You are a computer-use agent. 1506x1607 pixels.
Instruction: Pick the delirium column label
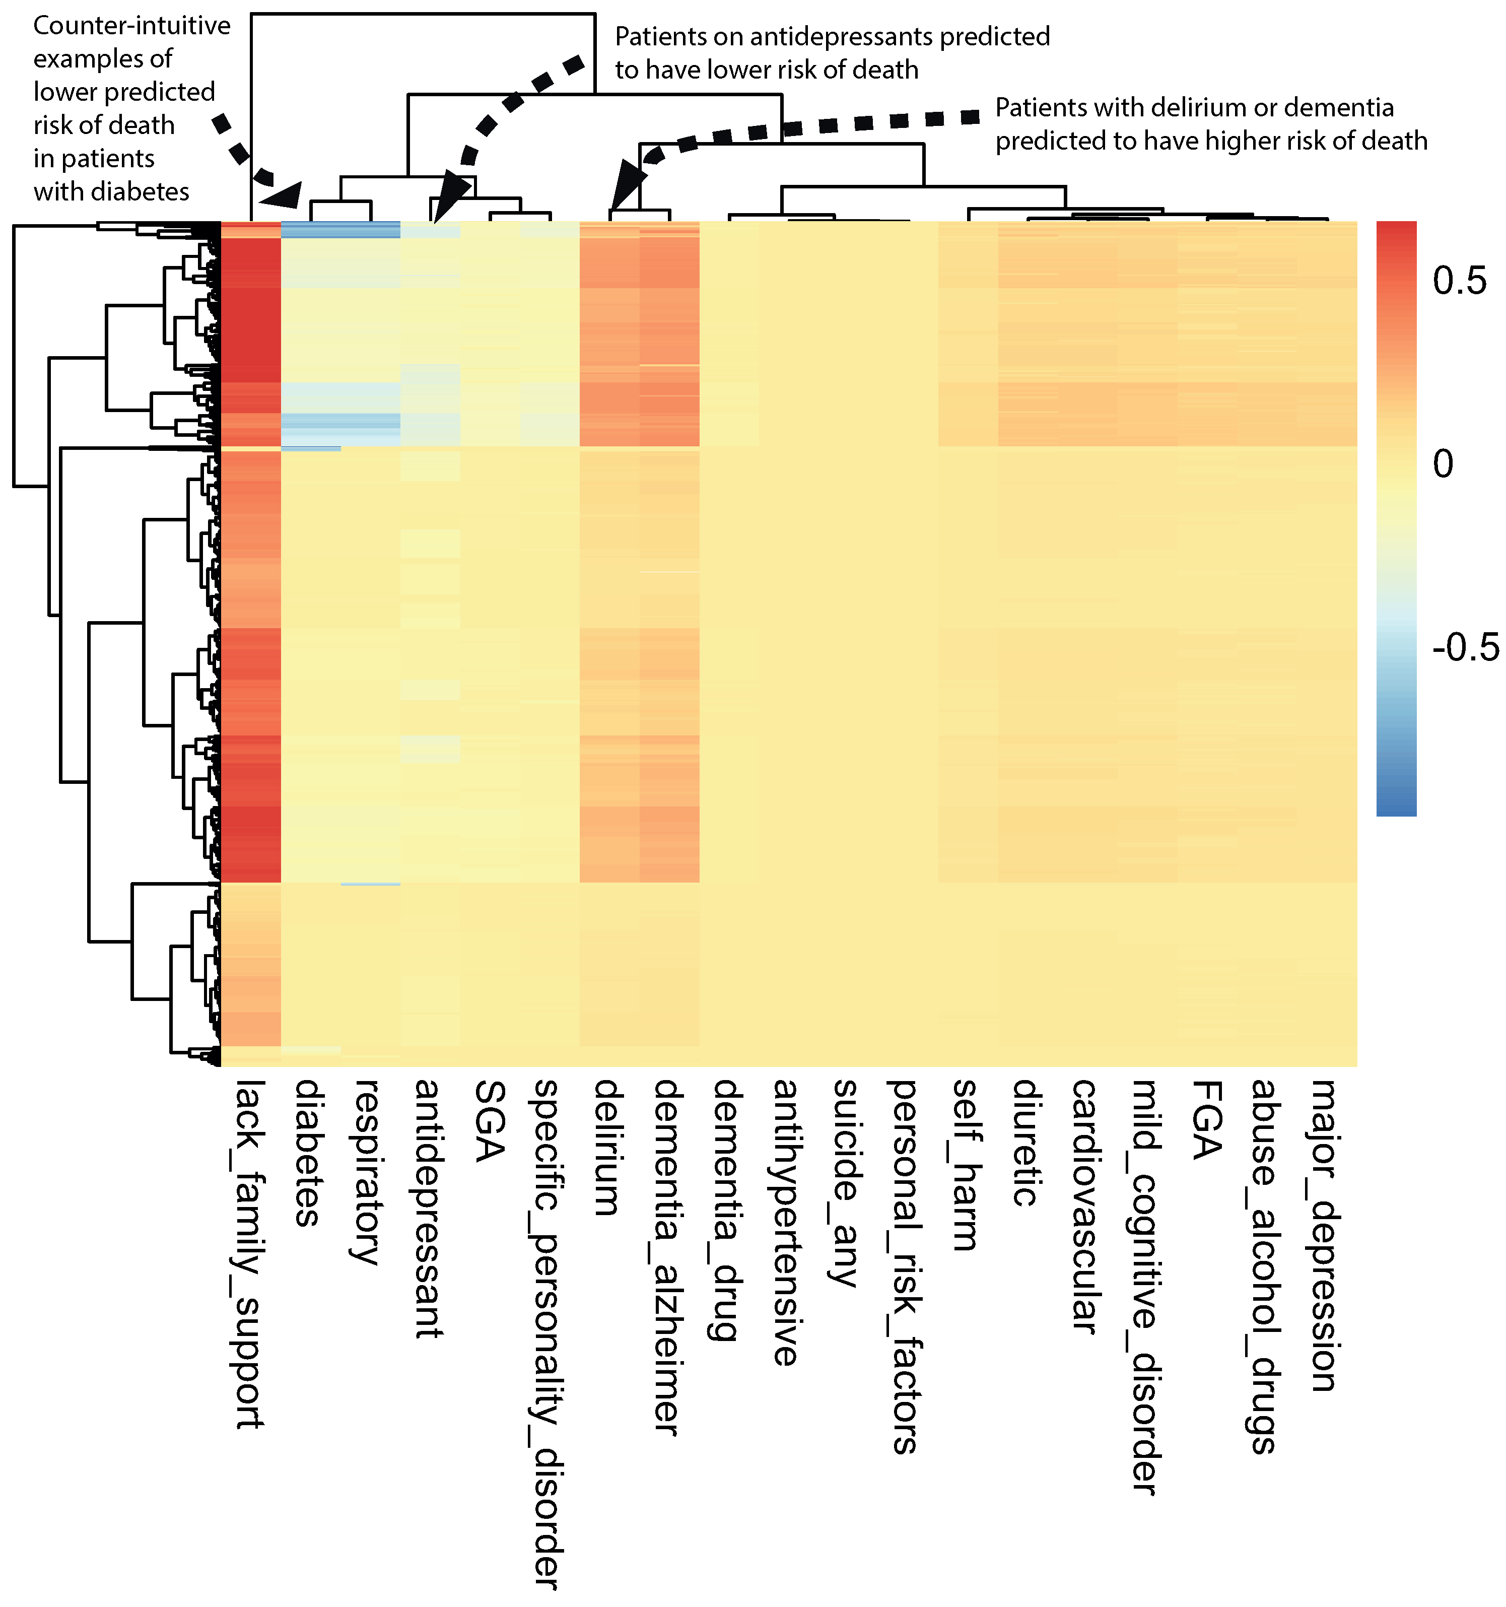[608, 1148]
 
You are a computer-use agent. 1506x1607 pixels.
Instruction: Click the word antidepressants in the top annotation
[841, 36]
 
